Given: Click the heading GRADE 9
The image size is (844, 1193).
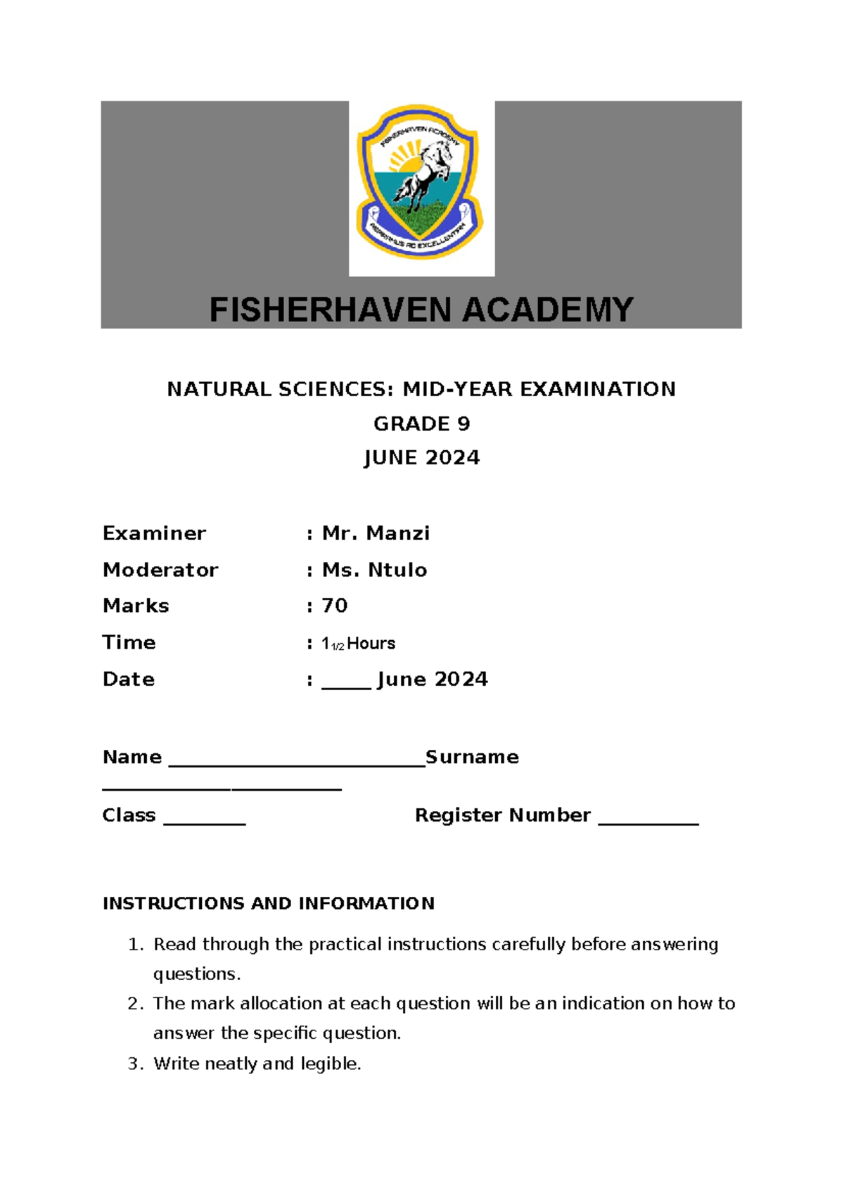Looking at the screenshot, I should (421, 423).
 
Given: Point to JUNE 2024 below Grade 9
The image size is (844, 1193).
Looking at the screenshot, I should (421, 458).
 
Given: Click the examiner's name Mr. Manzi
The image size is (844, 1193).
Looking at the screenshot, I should (376, 533).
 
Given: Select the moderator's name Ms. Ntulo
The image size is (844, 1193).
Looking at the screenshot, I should (374, 570).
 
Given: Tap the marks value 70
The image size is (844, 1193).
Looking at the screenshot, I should (335, 606).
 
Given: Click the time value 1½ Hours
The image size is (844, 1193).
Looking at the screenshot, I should (359, 644).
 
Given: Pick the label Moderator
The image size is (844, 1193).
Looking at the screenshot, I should (160, 570).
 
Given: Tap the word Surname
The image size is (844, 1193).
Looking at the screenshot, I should (472, 757).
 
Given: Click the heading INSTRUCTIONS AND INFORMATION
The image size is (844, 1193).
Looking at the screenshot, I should (269, 903).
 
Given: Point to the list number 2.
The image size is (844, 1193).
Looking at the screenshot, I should (134, 1004).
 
